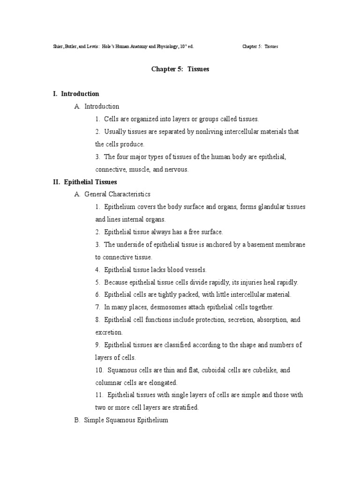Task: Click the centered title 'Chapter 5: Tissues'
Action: (x=180, y=69)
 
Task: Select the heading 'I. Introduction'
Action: (x=76, y=94)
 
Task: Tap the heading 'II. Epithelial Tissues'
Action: (x=85, y=181)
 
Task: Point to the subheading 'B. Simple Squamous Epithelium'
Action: (x=121, y=420)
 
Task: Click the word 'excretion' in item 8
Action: (x=109, y=332)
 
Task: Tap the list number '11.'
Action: (x=100, y=395)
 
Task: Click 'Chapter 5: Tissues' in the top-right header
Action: (x=260, y=47)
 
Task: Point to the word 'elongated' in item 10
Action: (x=163, y=382)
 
